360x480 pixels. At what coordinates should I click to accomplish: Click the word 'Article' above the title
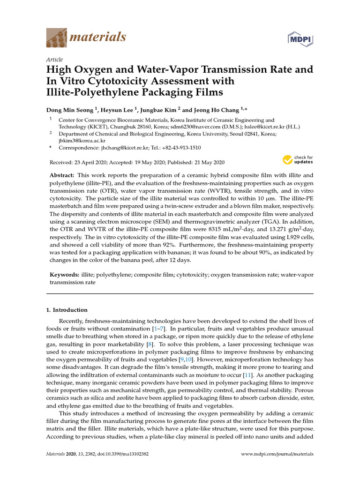pyautogui.click(x=54, y=60)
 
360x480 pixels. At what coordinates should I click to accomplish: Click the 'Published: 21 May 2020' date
pyautogui.click(x=195, y=162)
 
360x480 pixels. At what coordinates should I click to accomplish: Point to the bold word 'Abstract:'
pyautogui.click(x=63, y=175)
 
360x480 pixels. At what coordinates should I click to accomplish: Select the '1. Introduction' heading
pyautogui.click(x=67, y=310)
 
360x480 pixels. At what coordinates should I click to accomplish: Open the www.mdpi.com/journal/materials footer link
pyautogui.click(x=277, y=454)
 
